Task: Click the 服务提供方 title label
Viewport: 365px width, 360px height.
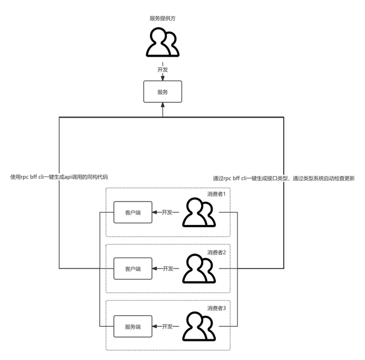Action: point(162,18)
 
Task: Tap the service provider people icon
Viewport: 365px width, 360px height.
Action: point(163,42)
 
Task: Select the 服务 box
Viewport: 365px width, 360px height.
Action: point(162,92)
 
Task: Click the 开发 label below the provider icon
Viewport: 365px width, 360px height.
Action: point(162,70)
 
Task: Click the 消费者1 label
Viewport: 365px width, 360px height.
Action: point(220,193)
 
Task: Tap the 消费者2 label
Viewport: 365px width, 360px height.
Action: point(220,252)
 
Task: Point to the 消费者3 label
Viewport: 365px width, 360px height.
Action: point(220,308)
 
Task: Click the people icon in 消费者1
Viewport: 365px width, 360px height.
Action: point(199,212)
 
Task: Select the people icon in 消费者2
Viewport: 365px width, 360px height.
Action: point(199,269)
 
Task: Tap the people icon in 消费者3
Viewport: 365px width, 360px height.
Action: point(199,326)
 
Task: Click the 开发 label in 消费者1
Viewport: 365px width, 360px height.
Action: point(168,212)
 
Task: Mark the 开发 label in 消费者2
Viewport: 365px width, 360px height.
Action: point(168,269)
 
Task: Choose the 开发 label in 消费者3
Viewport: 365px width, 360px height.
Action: point(168,327)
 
